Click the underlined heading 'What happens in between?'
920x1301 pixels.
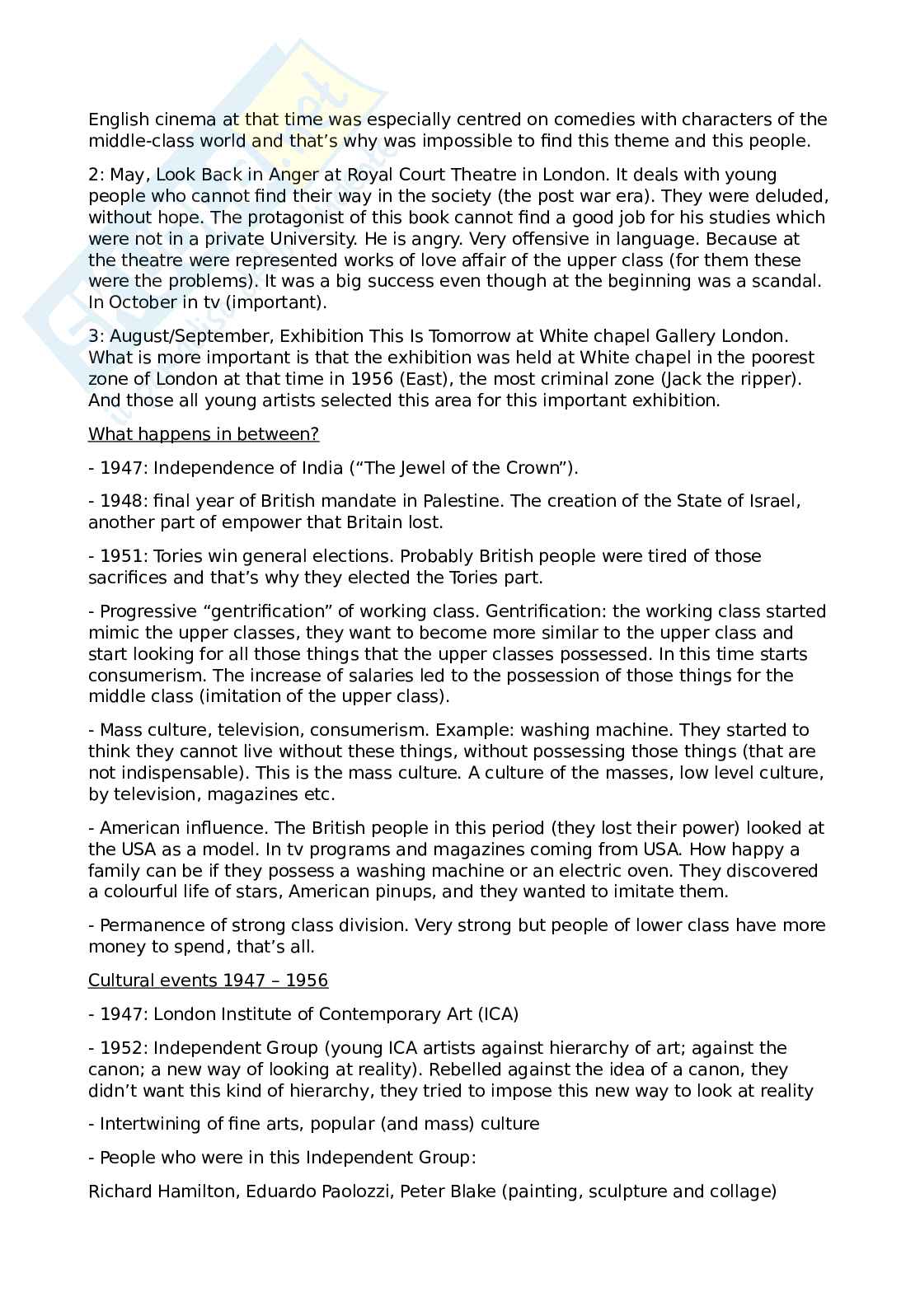[204, 434]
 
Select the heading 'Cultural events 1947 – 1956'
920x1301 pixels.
[208, 980]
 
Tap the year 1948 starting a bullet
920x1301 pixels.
[121, 501]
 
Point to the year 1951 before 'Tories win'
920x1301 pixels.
[121, 556]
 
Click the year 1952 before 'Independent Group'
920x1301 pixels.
[121, 1048]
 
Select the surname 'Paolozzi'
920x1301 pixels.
[357, 1191]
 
